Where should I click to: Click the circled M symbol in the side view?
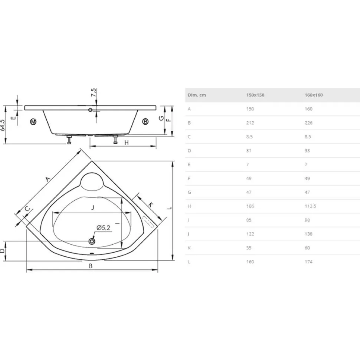point(33,121)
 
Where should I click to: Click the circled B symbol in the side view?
point(145,121)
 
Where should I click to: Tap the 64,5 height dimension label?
point(3,125)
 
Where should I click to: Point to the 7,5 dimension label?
point(94,92)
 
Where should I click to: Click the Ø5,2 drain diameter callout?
point(103,228)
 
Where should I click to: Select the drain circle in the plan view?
point(92,241)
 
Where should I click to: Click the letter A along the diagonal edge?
point(48,179)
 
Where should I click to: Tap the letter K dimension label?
point(150,204)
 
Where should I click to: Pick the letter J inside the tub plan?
point(93,207)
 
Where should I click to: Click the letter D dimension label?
point(2,251)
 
